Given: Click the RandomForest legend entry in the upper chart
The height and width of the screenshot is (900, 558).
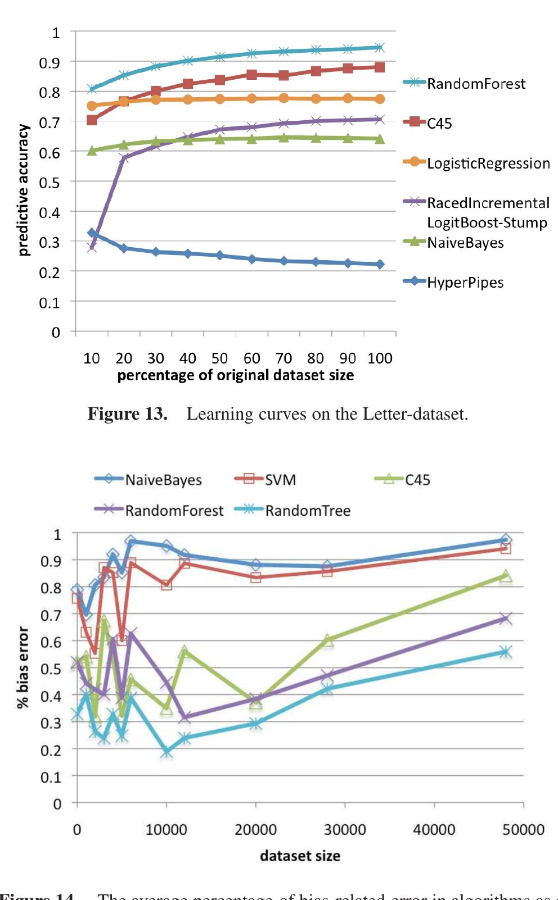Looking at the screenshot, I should (x=475, y=84).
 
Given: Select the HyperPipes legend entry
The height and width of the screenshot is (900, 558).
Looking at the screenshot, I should (x=465, y=282).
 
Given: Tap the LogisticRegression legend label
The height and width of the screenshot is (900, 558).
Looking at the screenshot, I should (x=488, y=163).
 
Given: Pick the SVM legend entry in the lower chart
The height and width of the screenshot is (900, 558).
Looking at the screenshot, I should (x=280, y=480).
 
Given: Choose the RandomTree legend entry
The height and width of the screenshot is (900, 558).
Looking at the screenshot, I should (x=307, y=511).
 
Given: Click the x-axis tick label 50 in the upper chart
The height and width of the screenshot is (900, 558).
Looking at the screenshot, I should (x=219, y=358).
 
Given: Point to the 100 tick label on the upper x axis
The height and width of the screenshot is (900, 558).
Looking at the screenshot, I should (x=380, y=358).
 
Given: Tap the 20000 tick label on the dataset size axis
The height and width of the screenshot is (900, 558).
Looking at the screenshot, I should (x=255, y=830).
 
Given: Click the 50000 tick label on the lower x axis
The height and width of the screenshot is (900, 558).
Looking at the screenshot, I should (x=523, y=830).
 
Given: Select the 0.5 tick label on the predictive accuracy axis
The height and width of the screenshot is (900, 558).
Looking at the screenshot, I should (x=52, y=182).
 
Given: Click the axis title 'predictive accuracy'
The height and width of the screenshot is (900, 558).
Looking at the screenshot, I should (x=23, y=190).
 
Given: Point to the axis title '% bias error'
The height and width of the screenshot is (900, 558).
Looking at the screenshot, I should (x=23, y=667).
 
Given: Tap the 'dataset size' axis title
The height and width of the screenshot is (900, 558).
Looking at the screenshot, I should (x=300, y=856).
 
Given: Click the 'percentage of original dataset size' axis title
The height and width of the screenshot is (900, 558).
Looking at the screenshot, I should (x=236, y=375).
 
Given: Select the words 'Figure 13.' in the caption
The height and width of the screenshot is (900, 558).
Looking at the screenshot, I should (x=128, y=414).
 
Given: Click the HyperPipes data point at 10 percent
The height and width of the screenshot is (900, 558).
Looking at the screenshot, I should (x=92, y=233).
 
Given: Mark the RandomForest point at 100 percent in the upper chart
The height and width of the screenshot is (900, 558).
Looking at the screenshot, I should (x=380, y=48).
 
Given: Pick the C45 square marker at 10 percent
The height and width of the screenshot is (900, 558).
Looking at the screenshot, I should (x=92, y=120).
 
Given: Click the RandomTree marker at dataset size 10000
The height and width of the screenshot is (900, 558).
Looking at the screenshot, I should (x=166, y=752).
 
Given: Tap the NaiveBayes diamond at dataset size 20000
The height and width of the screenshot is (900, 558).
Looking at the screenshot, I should (x=256, y=565).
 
